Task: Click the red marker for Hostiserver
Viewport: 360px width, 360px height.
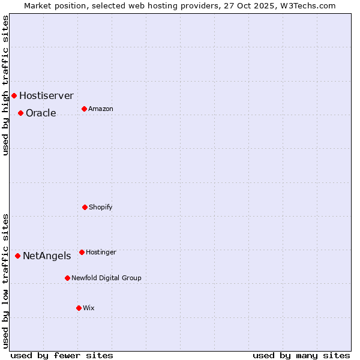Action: coord(14,95)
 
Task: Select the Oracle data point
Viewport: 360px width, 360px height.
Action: coord(20,113)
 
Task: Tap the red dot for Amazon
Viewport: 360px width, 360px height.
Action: coord(84,109)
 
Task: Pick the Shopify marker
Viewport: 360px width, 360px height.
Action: coord(85,207)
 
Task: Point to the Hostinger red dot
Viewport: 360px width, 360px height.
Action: coord(82,252)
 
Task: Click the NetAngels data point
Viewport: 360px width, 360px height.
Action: coord(17,256)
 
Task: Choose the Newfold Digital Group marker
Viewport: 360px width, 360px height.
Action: coord(67,278)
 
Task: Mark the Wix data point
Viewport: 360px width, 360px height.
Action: coord(79,308)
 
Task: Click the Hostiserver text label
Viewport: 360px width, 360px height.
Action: coord(46,95)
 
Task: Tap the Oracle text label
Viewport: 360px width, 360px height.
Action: coord(41,113)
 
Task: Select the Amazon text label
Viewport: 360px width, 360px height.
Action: coord(101,109)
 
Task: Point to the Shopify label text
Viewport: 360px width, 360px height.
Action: coord(101,207)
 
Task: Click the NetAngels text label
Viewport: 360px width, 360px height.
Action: coord(47,256)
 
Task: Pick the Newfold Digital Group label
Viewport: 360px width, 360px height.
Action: coord(106,278)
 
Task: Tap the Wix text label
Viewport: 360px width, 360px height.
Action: coord(89,308)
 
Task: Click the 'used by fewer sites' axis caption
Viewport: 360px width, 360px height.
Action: coord(62,355)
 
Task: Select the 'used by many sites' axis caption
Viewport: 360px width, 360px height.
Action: coord(301,355)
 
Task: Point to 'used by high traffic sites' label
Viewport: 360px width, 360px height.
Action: coord(5,85)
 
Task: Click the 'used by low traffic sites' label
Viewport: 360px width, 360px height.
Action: coord(5,281)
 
